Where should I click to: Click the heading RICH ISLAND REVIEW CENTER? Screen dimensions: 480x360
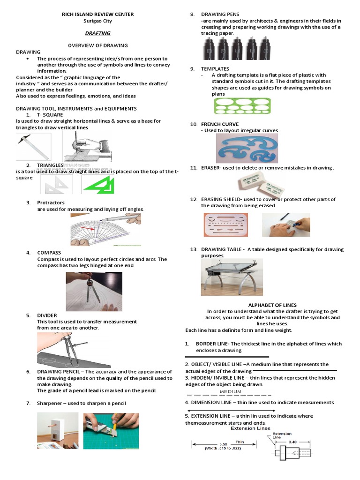98,15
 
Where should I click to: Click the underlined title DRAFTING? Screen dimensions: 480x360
97,33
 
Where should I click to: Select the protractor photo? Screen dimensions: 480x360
106,230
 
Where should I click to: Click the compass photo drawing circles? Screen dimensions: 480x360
94,292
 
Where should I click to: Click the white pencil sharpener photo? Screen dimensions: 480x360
57,430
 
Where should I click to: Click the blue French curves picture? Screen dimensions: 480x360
247,148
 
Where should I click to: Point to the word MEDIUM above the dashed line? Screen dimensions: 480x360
231,391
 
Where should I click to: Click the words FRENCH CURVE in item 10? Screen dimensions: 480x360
220,124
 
